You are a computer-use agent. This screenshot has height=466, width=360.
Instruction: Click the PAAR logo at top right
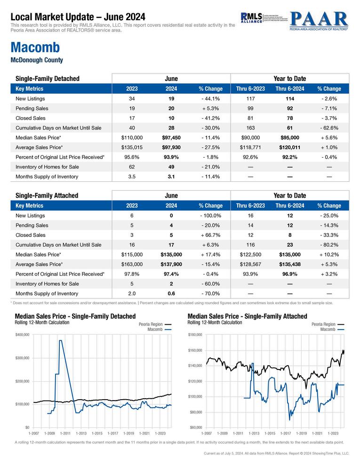click(x=319, y=20)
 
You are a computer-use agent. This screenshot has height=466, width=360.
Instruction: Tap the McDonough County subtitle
click(x=36, y=60)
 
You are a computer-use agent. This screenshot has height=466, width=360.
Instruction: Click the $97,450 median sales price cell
click(x=171, y=137)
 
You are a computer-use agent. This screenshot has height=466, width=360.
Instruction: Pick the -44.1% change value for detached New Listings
click(x=210, y=99)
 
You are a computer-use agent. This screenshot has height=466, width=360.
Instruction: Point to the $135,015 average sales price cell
click(x=132, y=147)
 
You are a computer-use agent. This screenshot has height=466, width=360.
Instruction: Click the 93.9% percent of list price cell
click(x=171, y=157)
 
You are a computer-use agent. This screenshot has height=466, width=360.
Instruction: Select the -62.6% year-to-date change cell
click(x=329, y=128)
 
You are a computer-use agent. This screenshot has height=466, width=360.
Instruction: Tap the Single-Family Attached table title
click(x=47, y=195)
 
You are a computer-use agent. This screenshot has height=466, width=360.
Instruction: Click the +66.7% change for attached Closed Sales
click(x=210, y=235)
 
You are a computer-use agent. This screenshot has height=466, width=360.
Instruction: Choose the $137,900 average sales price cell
click(x=171, y=264)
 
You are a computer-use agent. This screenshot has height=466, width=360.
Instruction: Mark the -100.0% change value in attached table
click(x=210, y=215)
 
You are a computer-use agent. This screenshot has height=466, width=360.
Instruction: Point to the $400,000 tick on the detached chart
click(x=23, y=335)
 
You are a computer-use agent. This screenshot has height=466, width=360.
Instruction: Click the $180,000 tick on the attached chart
click(x=195, y=335)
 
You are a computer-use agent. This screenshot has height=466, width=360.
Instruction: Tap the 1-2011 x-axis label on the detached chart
click(x=65, y=433)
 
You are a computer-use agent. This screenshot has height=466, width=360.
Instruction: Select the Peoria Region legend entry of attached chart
click(x=323, y=324)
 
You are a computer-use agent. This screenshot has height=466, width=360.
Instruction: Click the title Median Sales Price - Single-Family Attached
click(x=247, y=316)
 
